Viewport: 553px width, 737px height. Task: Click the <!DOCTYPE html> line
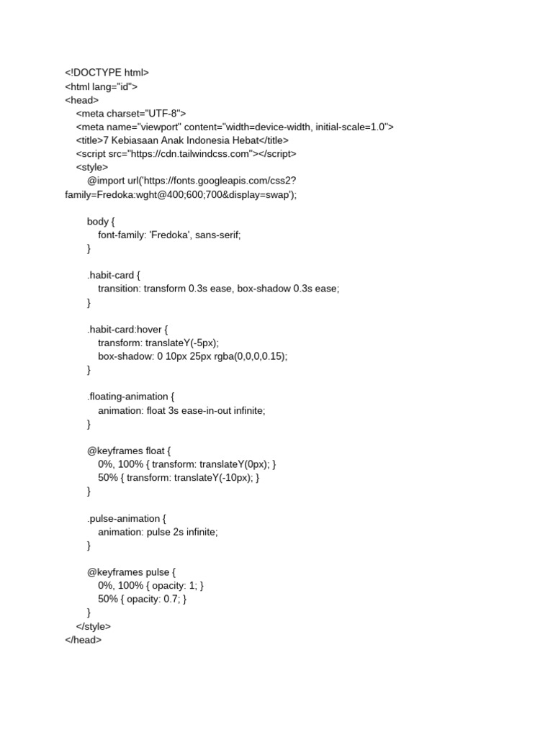pyautogui.click(x=107, y=73)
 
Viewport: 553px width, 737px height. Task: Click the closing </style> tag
pyautogui.click(x=94, y=626)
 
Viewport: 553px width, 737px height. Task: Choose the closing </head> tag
pyautogui.click(x=84, y=640)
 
